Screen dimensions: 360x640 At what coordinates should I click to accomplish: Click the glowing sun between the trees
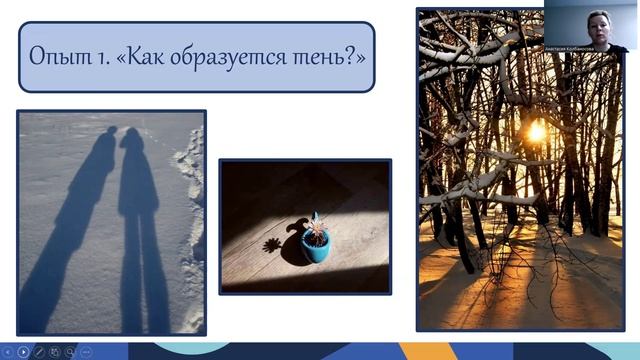pyautogui.click(x=536, y=132)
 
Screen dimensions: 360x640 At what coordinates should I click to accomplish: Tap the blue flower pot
pyautogui.click(x=316, y=248)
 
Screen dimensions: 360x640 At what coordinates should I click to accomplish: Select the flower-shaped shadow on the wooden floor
pyautogui.click(x=272, y=244)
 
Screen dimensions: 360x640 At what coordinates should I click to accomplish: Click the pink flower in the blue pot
pyautogui.click(x=316, y=226)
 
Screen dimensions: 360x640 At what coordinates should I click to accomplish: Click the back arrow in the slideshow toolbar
pyautogui.click(x=8, y=351)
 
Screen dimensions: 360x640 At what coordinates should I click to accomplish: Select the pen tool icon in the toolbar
pyautogui.click(x=39, y=351)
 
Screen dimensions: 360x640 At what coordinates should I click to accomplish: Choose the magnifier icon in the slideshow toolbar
pyautogui.click(x=70, y=351)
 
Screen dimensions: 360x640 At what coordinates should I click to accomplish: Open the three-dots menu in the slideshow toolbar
pyautogui.click(x=86, y=351)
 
